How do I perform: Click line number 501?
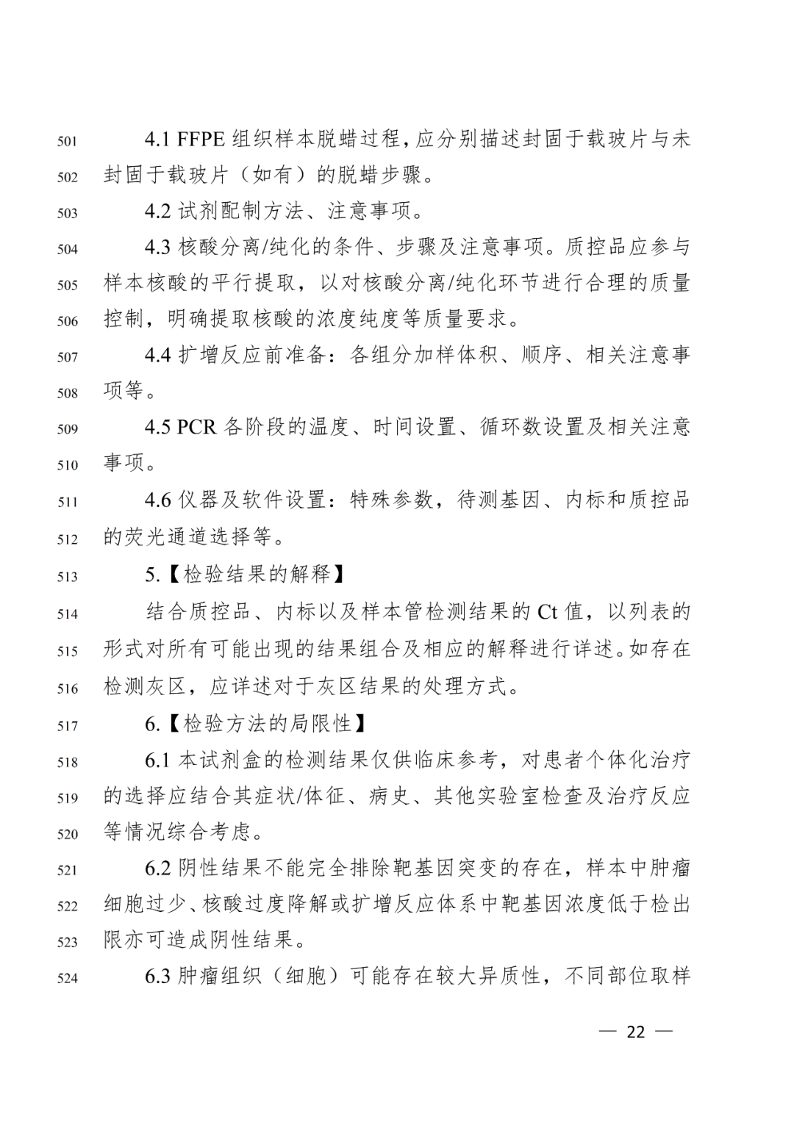point(67,141)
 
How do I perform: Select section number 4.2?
point(158,212)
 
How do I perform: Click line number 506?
point(67,321)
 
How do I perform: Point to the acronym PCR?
point(197,427)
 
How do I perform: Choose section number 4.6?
point(158,500)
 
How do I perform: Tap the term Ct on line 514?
point(548,611)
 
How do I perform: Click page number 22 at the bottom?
point(635,1032)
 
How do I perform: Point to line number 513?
point(67,577)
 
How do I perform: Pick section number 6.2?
point(158,868)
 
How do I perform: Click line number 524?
point(67,978)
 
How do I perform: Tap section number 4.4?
point(158,356)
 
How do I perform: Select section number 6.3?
point(158,977)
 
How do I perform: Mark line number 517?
point(67,726)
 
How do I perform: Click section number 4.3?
point(158,248)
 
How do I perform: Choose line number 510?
point(67,465)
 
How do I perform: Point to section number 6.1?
point(158,760)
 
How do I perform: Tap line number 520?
point(67,834)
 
